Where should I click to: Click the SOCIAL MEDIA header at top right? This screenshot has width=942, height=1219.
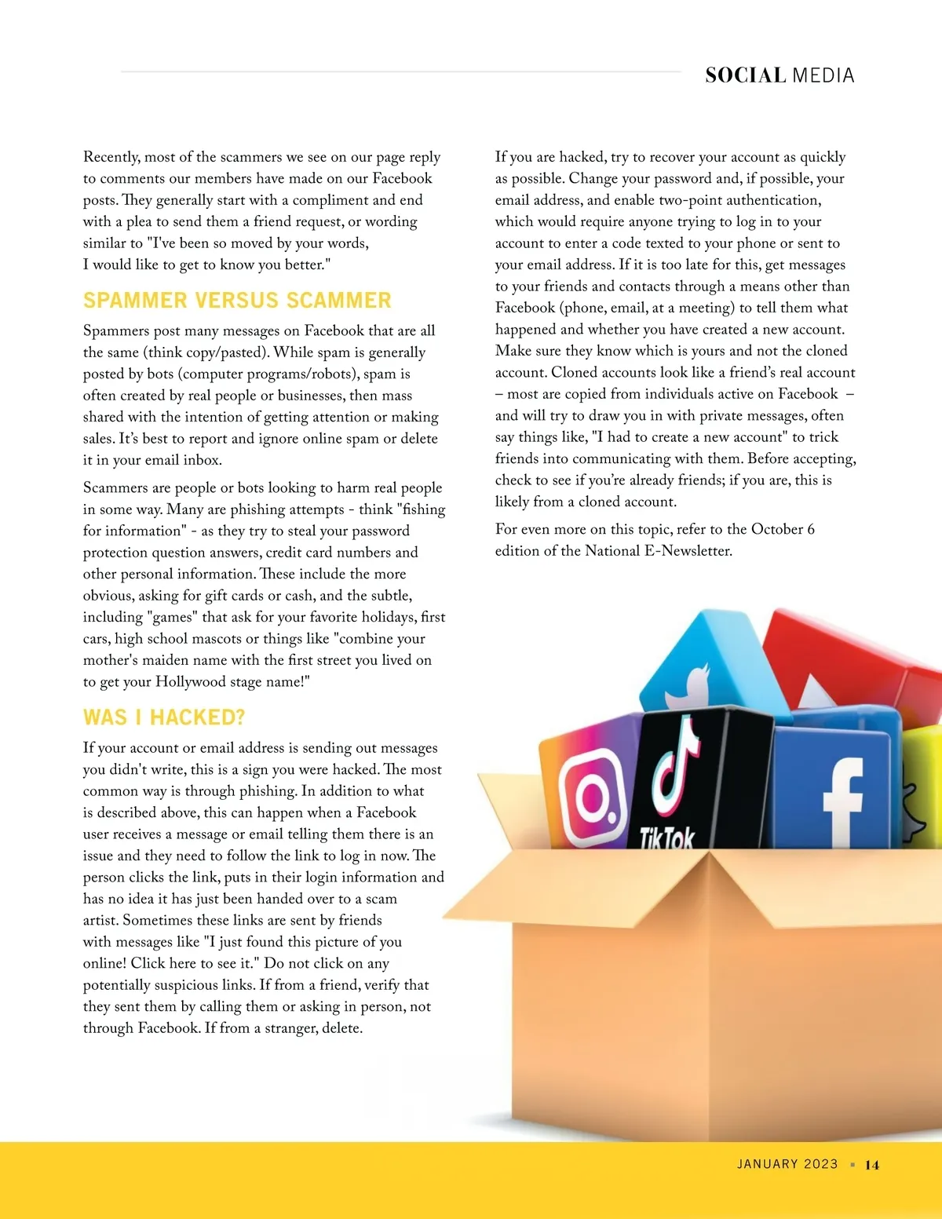pyautogui.click(x=779, y=75)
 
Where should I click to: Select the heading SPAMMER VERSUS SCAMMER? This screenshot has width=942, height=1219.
pyautogui.click(x=237, y=301)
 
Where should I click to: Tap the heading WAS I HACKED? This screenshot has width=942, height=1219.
pyautogui.click(x=164, y=717)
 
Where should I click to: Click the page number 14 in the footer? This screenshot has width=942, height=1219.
pyautogui.click(x=872, y=1165)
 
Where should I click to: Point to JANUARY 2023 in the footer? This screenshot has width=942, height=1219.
pyautogui.click(x=787, y=1164)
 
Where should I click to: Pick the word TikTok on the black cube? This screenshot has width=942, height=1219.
pyautogui.click(x=666, y=838)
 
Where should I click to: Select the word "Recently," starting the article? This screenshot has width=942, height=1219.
pyautogui.click(x=111, y=157)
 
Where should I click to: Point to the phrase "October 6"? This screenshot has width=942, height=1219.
pyautogui.click(x=783, y=529)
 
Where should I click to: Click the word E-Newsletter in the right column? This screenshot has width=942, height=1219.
pyautogui.click(x=687, y=551)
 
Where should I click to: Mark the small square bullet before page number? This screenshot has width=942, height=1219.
pyautogui.click(x=853, y=1165)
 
